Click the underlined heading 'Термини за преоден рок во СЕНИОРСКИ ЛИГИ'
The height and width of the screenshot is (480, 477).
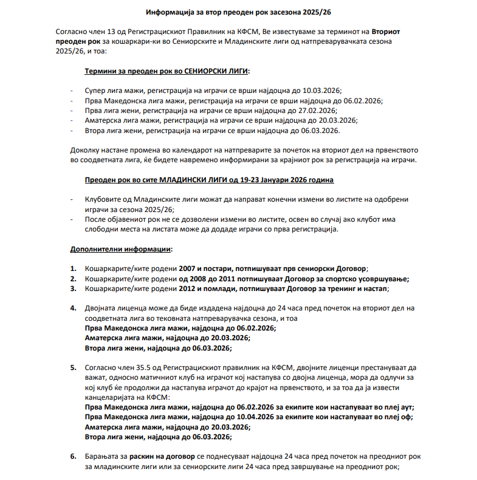point(167,71)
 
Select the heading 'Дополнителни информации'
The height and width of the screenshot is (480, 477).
point(121,249)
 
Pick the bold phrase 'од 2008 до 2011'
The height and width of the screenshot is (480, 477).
point(206,279)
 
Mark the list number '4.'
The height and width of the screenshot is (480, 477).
point(73,309)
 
